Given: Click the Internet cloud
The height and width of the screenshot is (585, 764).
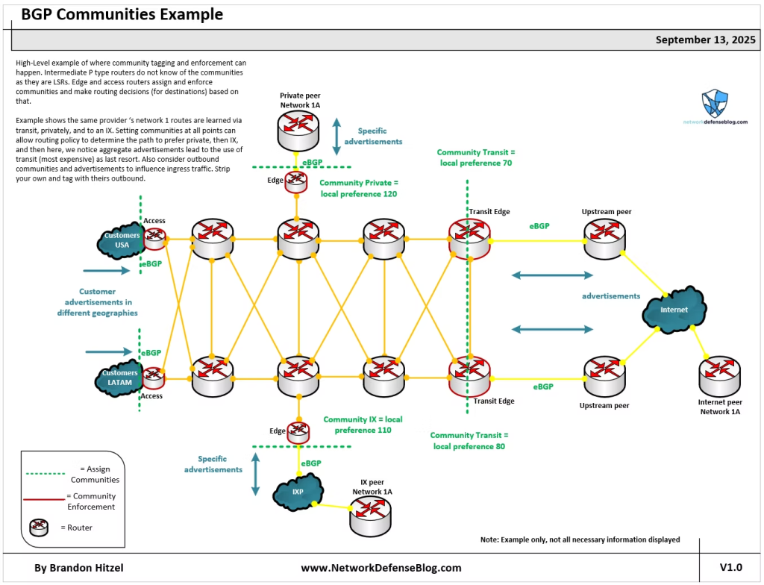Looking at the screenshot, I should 673,310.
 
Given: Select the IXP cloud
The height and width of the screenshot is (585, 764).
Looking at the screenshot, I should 298,491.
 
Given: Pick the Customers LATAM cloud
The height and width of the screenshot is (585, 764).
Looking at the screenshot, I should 120,378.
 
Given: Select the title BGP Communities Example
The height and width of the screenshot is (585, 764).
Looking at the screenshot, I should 122,14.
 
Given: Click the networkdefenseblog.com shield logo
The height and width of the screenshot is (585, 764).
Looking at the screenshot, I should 715,103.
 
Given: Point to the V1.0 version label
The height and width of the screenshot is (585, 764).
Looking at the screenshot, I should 731,568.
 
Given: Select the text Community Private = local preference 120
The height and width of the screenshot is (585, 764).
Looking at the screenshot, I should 359,188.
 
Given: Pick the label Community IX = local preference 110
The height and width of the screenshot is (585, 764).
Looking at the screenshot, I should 363,425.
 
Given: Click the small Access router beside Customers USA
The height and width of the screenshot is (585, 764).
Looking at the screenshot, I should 154,239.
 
